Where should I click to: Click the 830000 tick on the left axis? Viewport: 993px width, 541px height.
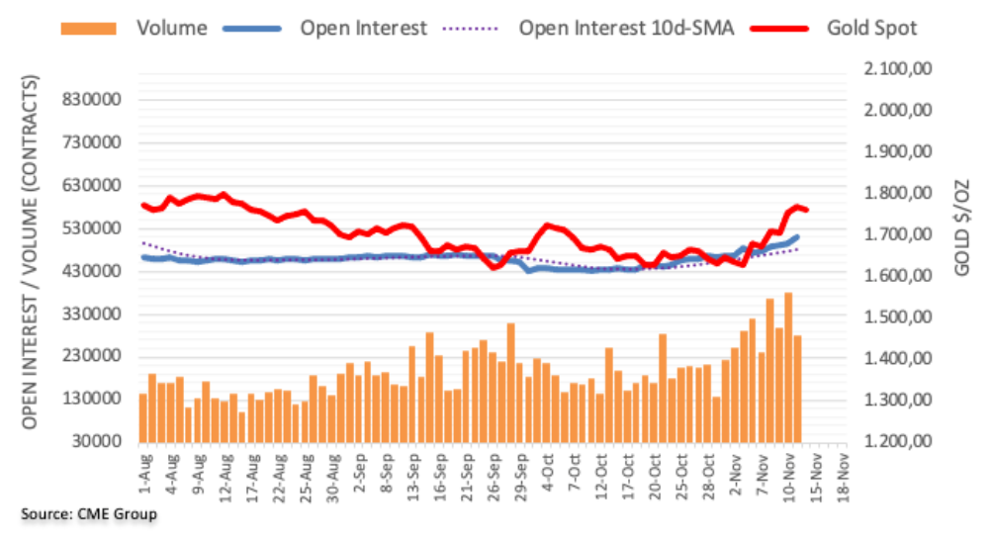click(102, 100)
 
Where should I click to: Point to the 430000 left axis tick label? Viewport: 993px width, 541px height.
click(102, 271)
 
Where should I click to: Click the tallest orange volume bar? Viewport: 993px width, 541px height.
click(788, 367)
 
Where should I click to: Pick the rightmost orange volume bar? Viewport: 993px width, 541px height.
click(797, 388)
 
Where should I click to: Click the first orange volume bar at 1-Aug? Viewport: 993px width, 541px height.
click(142, 416)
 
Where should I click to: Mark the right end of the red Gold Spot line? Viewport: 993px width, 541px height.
click(806, 210)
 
